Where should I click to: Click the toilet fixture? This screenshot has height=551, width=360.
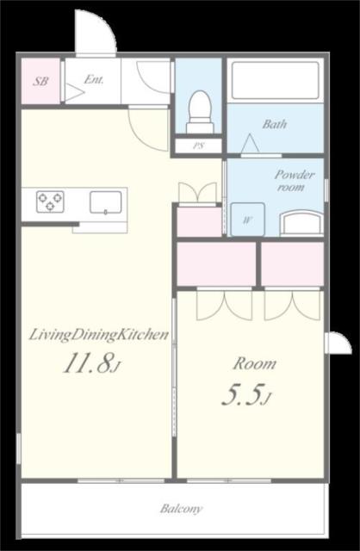tap(200, 112)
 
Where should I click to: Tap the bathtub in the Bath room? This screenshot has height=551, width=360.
tap(276, 80)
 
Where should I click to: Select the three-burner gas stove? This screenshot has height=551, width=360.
tap(50, 201)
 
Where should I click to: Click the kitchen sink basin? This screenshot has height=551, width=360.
tap(105, 202)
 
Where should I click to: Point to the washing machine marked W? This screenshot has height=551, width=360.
tap(247, 220)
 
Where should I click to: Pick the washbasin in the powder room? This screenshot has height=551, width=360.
tap(301, 223)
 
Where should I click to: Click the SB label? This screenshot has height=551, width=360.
tap(40, 82)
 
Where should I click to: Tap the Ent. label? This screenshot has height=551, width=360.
tap(94, 80)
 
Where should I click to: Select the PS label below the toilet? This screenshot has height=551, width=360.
tap(199, 145)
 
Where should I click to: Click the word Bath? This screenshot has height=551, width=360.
tap(275, 124)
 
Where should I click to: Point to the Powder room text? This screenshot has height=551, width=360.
tap(295, 180)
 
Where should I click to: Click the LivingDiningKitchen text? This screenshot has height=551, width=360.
tap(98, 335)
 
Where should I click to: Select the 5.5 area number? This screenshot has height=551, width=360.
tap(246, 394)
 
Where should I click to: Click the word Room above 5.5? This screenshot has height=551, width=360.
tap(255, 363)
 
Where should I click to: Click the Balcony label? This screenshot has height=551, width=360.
tap(182, 509)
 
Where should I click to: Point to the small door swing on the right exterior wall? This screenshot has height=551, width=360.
tap(338, 343)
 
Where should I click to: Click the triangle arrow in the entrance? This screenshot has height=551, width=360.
tap(75, 93)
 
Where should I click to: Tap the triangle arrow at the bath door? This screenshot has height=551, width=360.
tap(251, 144)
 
